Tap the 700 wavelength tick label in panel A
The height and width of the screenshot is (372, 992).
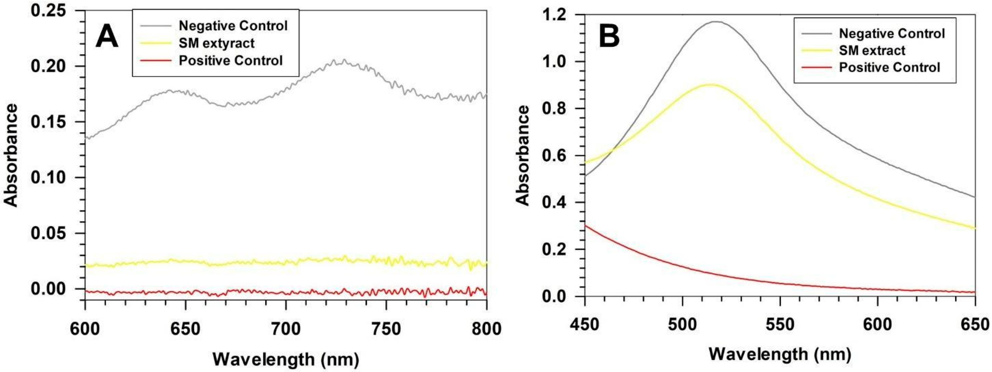pyautogui.click(x=285, y=329)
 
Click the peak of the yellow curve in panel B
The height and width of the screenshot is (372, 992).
pyautogui.click(x=710, y=84)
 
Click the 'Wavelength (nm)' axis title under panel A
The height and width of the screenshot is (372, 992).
pyautogui.click(x=285, y=359)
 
